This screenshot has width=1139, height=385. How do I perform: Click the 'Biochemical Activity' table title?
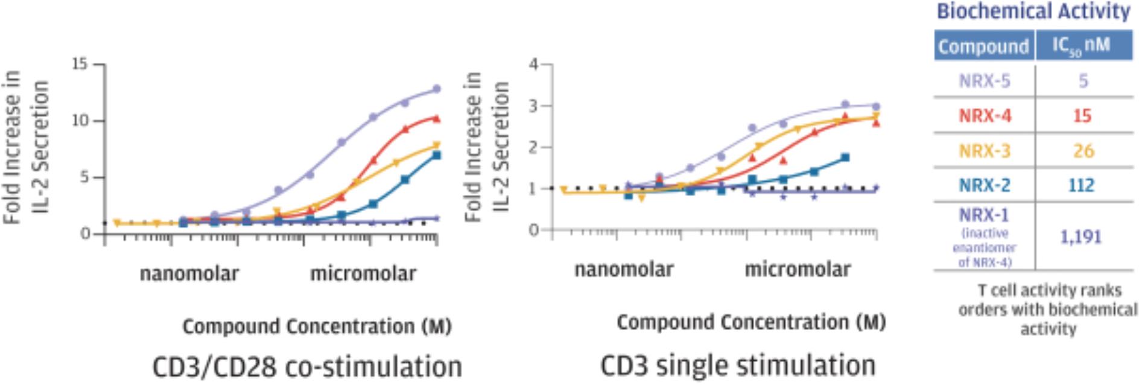[1033, 12]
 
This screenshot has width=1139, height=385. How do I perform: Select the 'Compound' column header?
[983, 46]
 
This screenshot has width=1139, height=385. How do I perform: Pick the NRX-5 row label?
[984, 81]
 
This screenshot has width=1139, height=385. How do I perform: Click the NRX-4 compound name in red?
[985, 115]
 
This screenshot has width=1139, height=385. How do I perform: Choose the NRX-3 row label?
[984, 150]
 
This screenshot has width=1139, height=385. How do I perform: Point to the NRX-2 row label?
[984, 185]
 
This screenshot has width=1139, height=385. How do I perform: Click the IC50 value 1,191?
[1080, 237]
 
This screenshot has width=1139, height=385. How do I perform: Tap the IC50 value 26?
[1083, 150]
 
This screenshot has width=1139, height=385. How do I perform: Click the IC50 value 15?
[1082, 115]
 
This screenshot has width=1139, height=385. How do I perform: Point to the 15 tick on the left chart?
[80, 64]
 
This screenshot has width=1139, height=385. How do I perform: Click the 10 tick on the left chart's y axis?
[80, 121]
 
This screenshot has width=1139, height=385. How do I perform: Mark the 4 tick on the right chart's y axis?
[533, 64]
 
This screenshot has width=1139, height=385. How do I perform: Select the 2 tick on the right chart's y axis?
[533, 147]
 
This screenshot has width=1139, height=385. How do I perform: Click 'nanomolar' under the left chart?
[189, 274]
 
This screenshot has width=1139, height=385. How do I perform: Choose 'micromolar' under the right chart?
[798, 269]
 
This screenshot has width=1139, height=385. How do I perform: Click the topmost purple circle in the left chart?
[436, 89]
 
